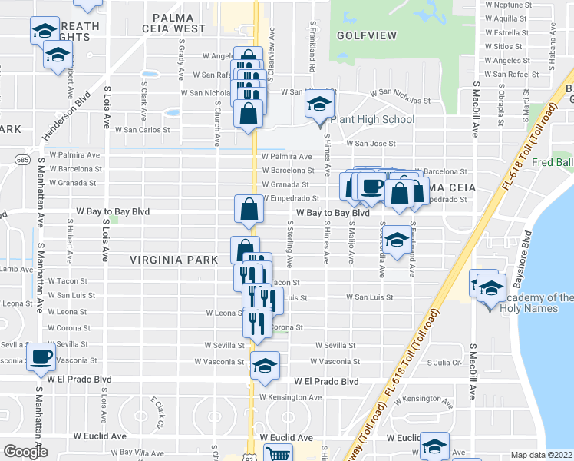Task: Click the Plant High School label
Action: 372,119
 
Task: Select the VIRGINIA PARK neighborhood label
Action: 174,260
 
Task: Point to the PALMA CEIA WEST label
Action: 179,22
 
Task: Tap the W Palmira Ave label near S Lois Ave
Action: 75,154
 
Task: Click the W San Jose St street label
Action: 371,143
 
